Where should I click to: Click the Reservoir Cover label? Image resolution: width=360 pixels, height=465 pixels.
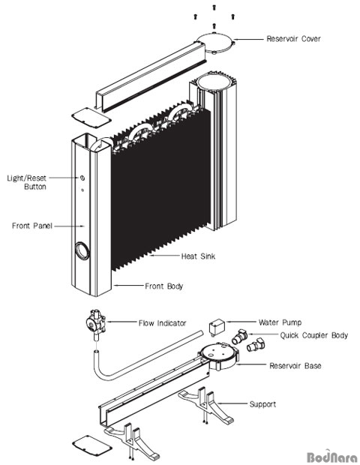(x=293, y=39)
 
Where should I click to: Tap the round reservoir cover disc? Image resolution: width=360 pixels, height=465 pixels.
(x=215, y=43)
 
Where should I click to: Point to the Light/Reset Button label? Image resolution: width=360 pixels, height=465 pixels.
(x=27, y=182)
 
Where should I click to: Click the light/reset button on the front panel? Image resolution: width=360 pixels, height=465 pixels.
(x=82, y=178)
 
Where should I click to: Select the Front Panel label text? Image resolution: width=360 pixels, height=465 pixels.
(x=32, y=226)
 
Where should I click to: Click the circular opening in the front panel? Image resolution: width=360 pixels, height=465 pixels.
(x=82, y=251)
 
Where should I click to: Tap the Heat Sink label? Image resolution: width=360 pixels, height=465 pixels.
(x=198, y=256)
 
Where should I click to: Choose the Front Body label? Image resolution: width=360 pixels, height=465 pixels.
(x=163, y=286)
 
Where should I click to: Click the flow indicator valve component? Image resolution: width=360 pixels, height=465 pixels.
(x=96, y=324)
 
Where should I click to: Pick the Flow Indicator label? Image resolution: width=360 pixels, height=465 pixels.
(x=162, y=323)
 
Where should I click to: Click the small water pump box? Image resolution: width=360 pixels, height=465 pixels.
(x=217, y=327)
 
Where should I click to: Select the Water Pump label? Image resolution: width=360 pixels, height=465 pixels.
(x=280, y=322)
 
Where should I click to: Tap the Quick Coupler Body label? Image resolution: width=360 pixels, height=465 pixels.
(x=314, y=335)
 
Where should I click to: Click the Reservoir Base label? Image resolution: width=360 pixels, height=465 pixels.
(x=295, y=366)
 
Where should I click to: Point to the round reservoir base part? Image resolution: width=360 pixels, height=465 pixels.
(x=218, y=355)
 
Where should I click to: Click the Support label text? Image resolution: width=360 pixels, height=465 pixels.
(x=262, y=404)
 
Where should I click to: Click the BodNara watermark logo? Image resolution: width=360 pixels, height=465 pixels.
(x=332, y=457)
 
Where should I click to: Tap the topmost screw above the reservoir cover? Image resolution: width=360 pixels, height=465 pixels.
(x=214, y=7)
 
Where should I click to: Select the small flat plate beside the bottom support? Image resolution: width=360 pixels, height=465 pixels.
(x=92, y=445)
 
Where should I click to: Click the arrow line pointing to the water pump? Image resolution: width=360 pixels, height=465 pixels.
(x=241, y=322)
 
